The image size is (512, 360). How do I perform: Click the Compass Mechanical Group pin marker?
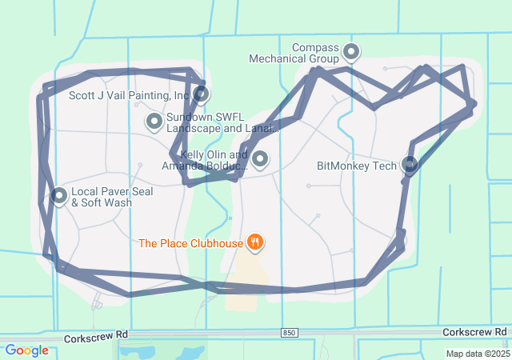tap(350, 53)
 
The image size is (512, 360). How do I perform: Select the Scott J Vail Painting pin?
tap(201, 94)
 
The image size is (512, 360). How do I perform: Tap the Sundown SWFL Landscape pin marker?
tap(154, 122)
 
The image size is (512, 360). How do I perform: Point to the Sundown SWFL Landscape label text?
tap(221, 122)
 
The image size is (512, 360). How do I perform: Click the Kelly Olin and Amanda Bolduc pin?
tap(259, 159)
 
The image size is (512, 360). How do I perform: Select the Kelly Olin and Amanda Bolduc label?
tap(205, 160)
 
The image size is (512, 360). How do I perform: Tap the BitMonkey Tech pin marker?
tap(410, 166)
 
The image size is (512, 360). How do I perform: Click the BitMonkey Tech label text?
tap(357, 166)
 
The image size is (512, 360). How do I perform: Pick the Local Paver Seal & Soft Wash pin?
tap(59, 195)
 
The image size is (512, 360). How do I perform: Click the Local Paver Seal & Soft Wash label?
tap(112, 197)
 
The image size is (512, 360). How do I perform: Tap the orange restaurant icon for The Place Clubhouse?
tap(255, 242)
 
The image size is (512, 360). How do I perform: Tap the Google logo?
tap(26, 350)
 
